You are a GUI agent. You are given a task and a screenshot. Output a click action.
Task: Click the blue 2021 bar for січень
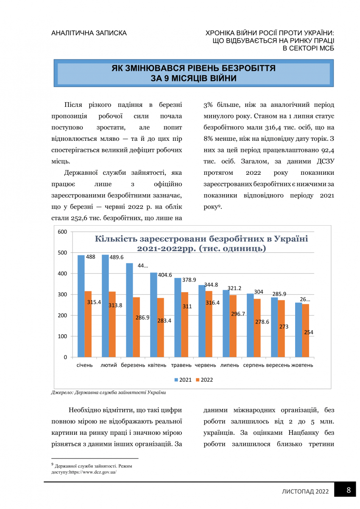click(x=81, y=305)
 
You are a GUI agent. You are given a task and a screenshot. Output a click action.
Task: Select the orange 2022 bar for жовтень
click(x=305, y=330)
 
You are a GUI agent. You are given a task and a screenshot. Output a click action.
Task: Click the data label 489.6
click(x=116, y=257)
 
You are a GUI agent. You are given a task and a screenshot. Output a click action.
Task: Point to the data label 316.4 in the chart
click(x=213, y=303)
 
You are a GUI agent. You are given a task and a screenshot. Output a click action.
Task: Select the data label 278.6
click(x=262, y=322)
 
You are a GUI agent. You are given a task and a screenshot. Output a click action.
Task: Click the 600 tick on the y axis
click(x=63, y=232)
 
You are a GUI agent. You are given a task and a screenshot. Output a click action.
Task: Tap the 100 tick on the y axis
click(x=63, y=336)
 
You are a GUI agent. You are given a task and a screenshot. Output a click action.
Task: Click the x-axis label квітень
click(x=157, y=365)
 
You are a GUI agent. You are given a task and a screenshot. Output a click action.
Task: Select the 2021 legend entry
click(x=183, y=380)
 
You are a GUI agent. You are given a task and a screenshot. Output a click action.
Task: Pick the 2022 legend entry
click(x=204, y=380)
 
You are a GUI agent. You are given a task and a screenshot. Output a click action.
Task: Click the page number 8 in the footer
click(x=349, y=490)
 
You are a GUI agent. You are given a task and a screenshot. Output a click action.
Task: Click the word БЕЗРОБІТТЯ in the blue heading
click(x=243, y=68)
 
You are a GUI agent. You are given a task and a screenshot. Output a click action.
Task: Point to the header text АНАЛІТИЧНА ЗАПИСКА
click(x=89, y=33)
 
